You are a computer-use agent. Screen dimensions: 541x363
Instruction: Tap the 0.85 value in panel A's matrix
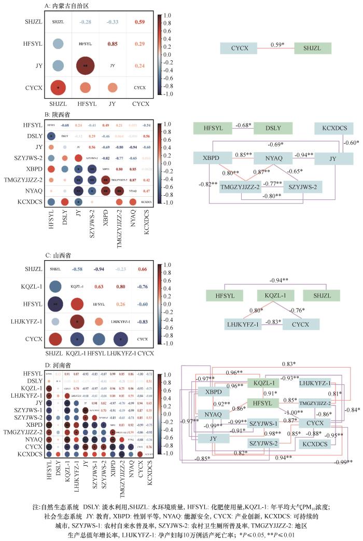[113, 44]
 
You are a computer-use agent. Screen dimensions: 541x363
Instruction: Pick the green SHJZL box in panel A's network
[316, 48]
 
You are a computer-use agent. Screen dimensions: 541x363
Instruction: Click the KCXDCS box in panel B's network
[334, 128]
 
